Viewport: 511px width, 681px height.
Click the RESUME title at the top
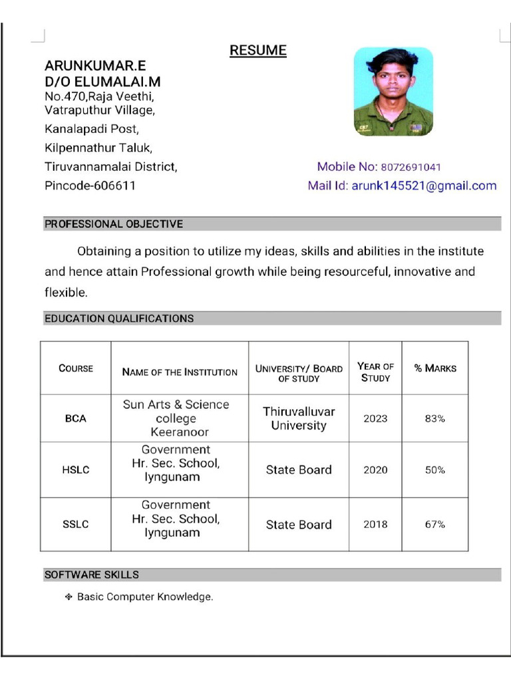coord(258,51)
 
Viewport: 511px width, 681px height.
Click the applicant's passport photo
coord(393,91)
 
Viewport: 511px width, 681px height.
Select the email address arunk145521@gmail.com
coord(424,186)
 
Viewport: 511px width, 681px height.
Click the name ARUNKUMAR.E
coord(95,66)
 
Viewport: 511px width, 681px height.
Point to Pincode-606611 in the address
coord(90,186)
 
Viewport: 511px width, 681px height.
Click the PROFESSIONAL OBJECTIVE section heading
coord(114,224)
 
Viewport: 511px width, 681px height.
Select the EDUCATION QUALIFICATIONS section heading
coord(119,319)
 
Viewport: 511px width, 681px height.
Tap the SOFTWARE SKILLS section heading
coord(92,574)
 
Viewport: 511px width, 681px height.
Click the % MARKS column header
coord(435,368)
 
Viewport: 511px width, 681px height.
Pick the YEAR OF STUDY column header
coord(375,372)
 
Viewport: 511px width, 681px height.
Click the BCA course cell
coord(75,419)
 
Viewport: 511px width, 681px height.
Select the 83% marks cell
coord(435,419)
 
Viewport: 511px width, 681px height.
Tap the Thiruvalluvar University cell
coord(299,418)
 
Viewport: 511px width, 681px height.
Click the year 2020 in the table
coord(375,470)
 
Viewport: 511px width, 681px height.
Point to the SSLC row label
coord(75,524)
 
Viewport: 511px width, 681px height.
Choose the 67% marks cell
coord(435,524)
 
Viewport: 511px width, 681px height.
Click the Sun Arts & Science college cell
coord(176,418)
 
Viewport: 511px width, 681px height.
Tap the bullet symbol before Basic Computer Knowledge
coord(68,597)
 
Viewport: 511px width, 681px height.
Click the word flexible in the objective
coord(65,292)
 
